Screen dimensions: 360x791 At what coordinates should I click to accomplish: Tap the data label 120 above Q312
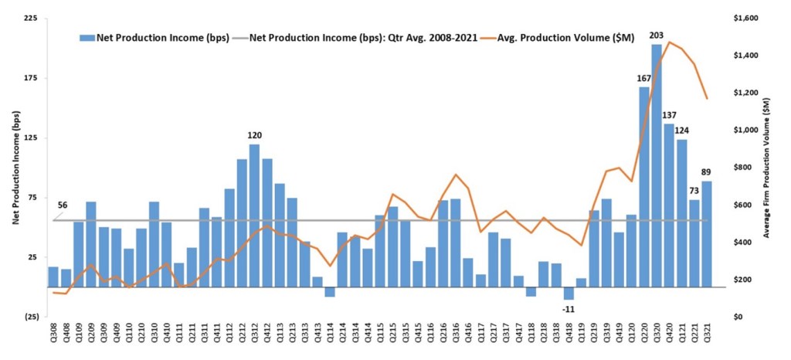[254, 135]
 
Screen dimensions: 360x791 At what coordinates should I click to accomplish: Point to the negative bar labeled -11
[569, 293]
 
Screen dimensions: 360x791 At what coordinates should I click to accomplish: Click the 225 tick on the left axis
[32, 19]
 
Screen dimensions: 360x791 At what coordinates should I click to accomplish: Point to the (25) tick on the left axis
[30, 317]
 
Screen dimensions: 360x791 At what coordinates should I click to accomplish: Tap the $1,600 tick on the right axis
[750, 19]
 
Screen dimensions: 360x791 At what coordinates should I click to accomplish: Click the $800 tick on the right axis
[748, 168]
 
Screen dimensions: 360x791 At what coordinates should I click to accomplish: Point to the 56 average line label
[63, 206]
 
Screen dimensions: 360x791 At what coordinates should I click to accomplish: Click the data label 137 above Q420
[669, 115]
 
